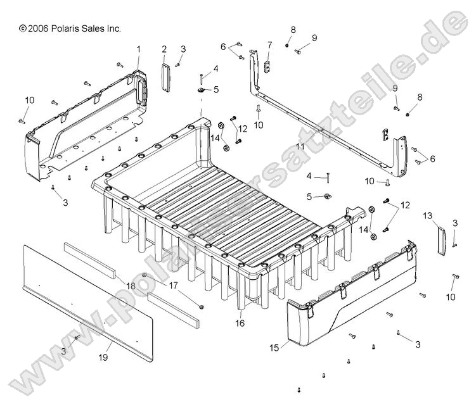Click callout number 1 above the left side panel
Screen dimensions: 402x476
[139, 49]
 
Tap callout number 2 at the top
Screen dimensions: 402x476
[164, 49]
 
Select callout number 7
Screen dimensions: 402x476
[269, 45]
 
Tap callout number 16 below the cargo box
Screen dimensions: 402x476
[240, 323]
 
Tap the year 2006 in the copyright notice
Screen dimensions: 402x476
[38, 28]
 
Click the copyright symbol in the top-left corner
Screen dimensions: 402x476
[23, 28]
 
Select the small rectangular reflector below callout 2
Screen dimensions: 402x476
[165, 77]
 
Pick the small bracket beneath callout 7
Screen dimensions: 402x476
[267, 65]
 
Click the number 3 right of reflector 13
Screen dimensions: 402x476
[455, 223]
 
